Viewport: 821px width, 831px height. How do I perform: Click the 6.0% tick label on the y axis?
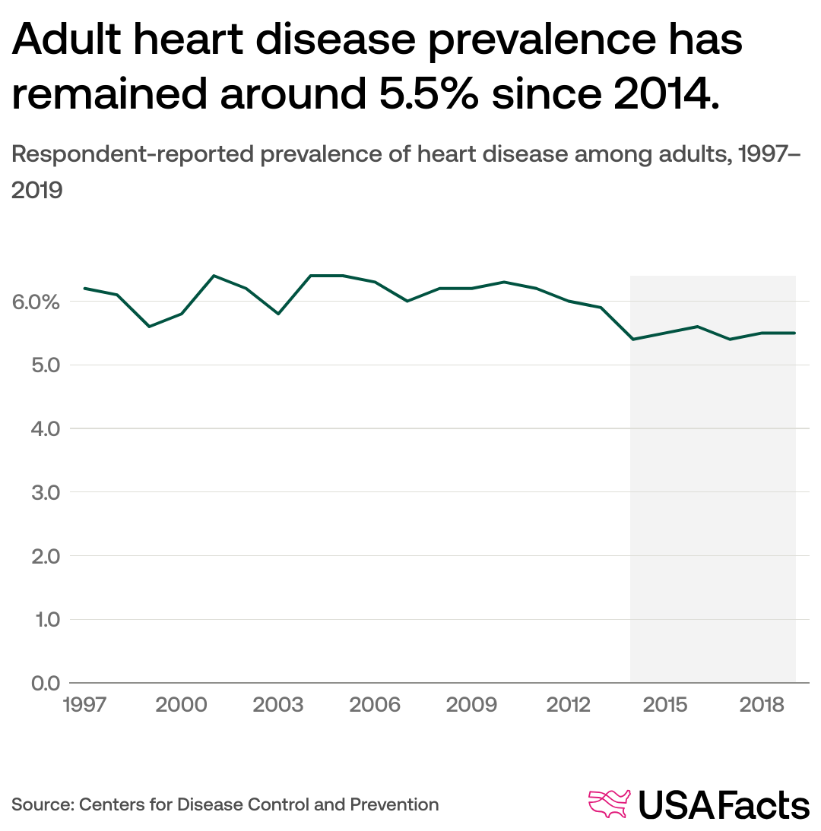click(36, 302)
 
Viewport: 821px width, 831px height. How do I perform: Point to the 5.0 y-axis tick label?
click(36, 365)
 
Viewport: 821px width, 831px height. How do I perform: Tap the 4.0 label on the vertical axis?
click(36, 429)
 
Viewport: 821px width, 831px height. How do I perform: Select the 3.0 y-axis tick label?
click(36, 492)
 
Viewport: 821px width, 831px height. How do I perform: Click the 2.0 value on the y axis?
click(36, 556)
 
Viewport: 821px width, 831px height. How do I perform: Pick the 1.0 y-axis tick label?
click(36, 620)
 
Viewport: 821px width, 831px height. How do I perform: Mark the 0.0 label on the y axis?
click(36, 683)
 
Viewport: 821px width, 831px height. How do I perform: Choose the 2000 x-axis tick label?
click(181, 705)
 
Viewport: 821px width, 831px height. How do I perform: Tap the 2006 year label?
click(375, 705)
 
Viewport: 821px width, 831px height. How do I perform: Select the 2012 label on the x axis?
click(569, 705)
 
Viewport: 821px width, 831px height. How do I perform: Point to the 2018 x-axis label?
click(762, 705)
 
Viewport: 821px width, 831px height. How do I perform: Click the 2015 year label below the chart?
click(666, 705)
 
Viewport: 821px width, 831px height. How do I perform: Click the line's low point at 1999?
click(149, 327)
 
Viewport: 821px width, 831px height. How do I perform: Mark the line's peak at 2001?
click(214, 276)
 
